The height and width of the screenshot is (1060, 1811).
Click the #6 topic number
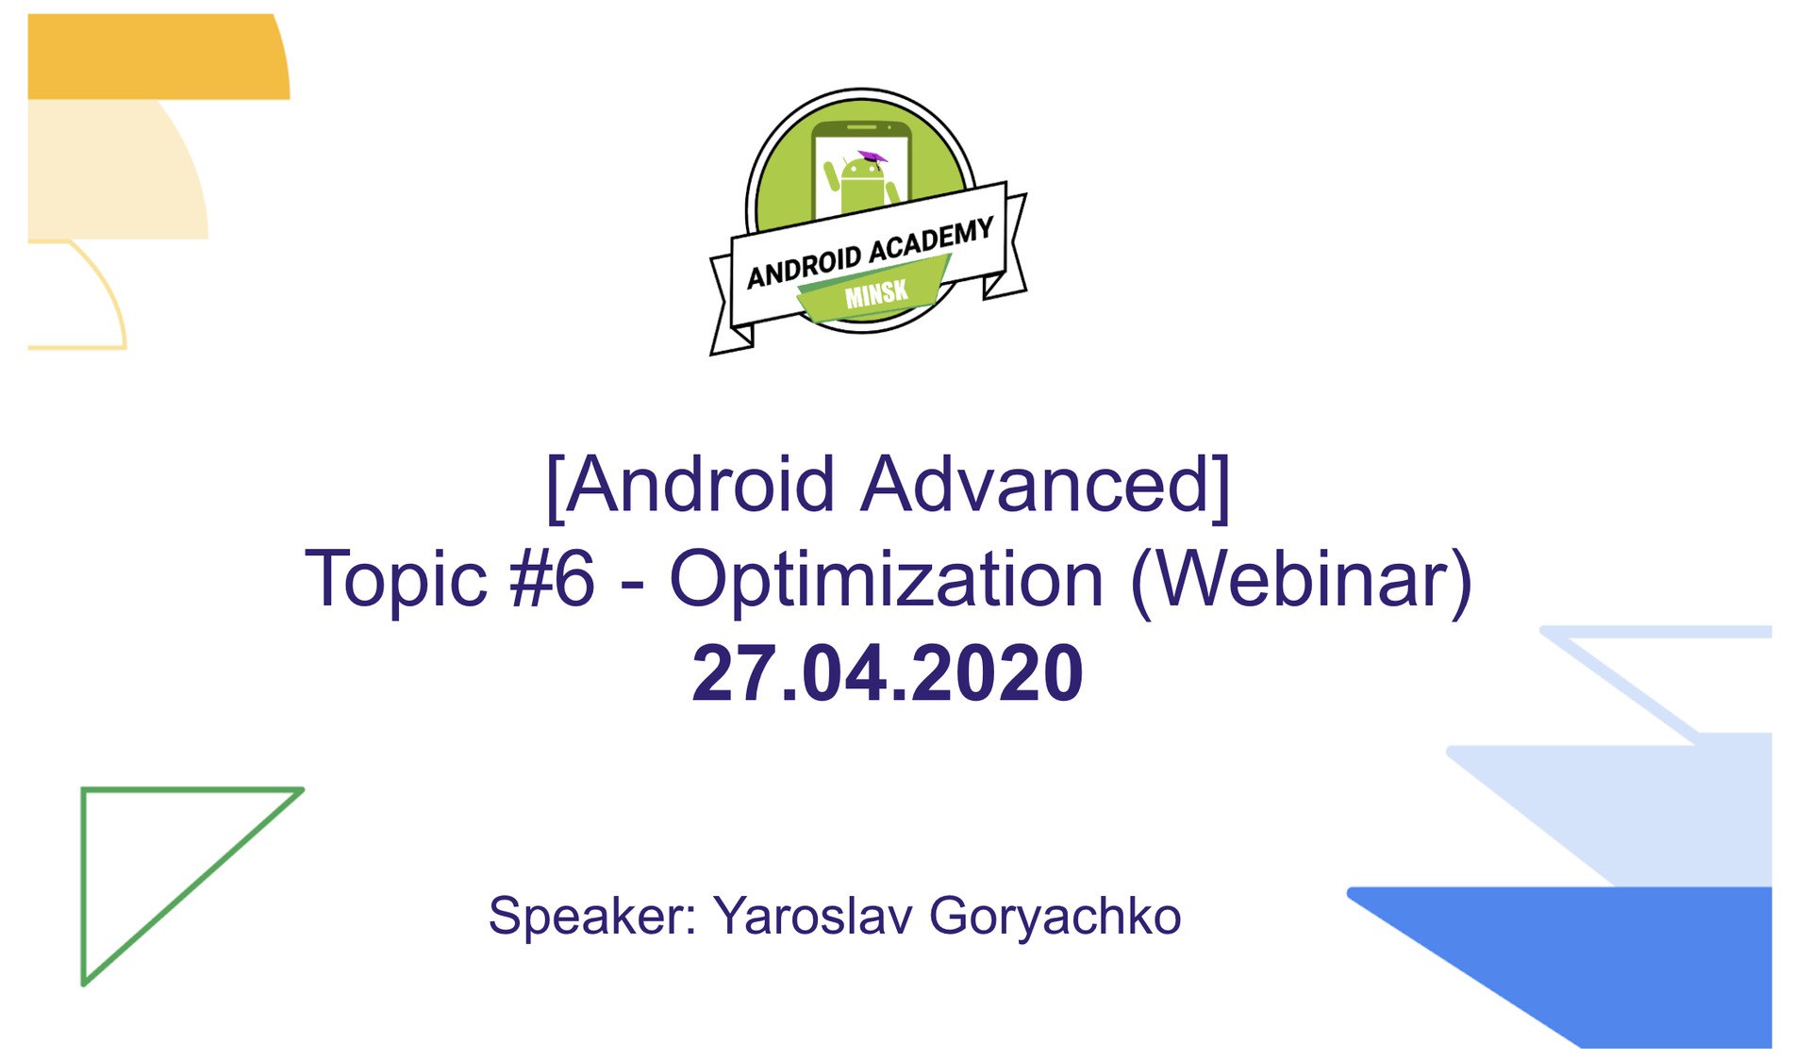tap(553, 579)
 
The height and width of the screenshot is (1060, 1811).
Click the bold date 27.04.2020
tap(888, 673)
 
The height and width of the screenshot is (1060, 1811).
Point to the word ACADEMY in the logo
tap(931, 240)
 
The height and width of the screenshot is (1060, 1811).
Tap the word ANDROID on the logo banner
tap(805, 266)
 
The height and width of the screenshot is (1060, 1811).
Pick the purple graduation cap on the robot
tap(872, 157)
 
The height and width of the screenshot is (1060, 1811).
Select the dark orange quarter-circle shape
tap(158, 57)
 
